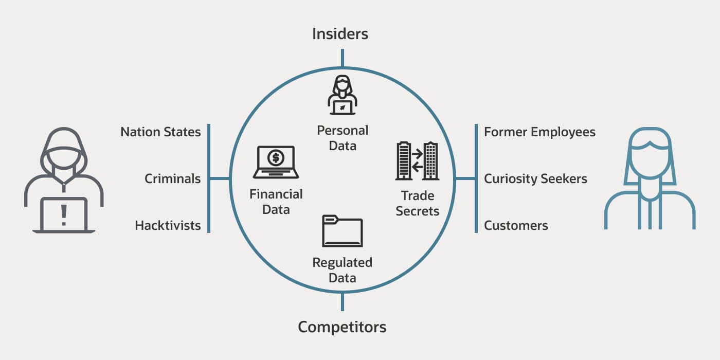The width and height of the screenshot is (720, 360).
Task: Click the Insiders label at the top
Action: pos(340,34)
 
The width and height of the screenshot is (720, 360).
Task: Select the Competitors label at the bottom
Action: pos(342,327)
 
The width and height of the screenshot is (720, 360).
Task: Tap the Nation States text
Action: pos(160,132)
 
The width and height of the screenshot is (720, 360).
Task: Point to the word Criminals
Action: pos(172,179)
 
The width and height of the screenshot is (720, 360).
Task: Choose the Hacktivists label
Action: pos(168,225)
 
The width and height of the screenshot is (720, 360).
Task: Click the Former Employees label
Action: pos(539,132)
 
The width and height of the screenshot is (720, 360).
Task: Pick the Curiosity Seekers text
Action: pos(535,179)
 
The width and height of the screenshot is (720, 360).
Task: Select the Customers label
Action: pos(516,225)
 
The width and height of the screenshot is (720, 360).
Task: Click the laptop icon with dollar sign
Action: pos(276,163)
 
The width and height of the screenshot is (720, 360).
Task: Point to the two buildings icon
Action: pos(417,161)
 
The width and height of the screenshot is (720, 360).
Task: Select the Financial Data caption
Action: pos(276,202)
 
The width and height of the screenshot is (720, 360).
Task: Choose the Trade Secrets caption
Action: pos(417,203)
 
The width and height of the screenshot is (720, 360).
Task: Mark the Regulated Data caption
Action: pos(342,270)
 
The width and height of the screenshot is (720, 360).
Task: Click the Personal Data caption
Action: pos(342,138)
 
